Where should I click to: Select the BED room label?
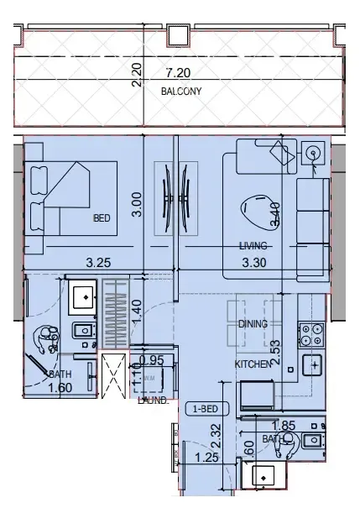(x=102, y=218)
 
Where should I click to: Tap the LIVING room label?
(x=252, y=246)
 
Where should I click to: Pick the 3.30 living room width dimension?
(x=253, y=263)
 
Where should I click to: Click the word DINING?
(x=253, y=322)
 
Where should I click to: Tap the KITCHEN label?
(x=252, y=364)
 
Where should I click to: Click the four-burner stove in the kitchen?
(x=311, y=335)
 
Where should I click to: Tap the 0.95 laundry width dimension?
(x=151, y=360)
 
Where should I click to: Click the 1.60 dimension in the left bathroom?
(x=59, y=388)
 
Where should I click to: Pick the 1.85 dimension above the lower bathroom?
(x=285, y=427)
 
